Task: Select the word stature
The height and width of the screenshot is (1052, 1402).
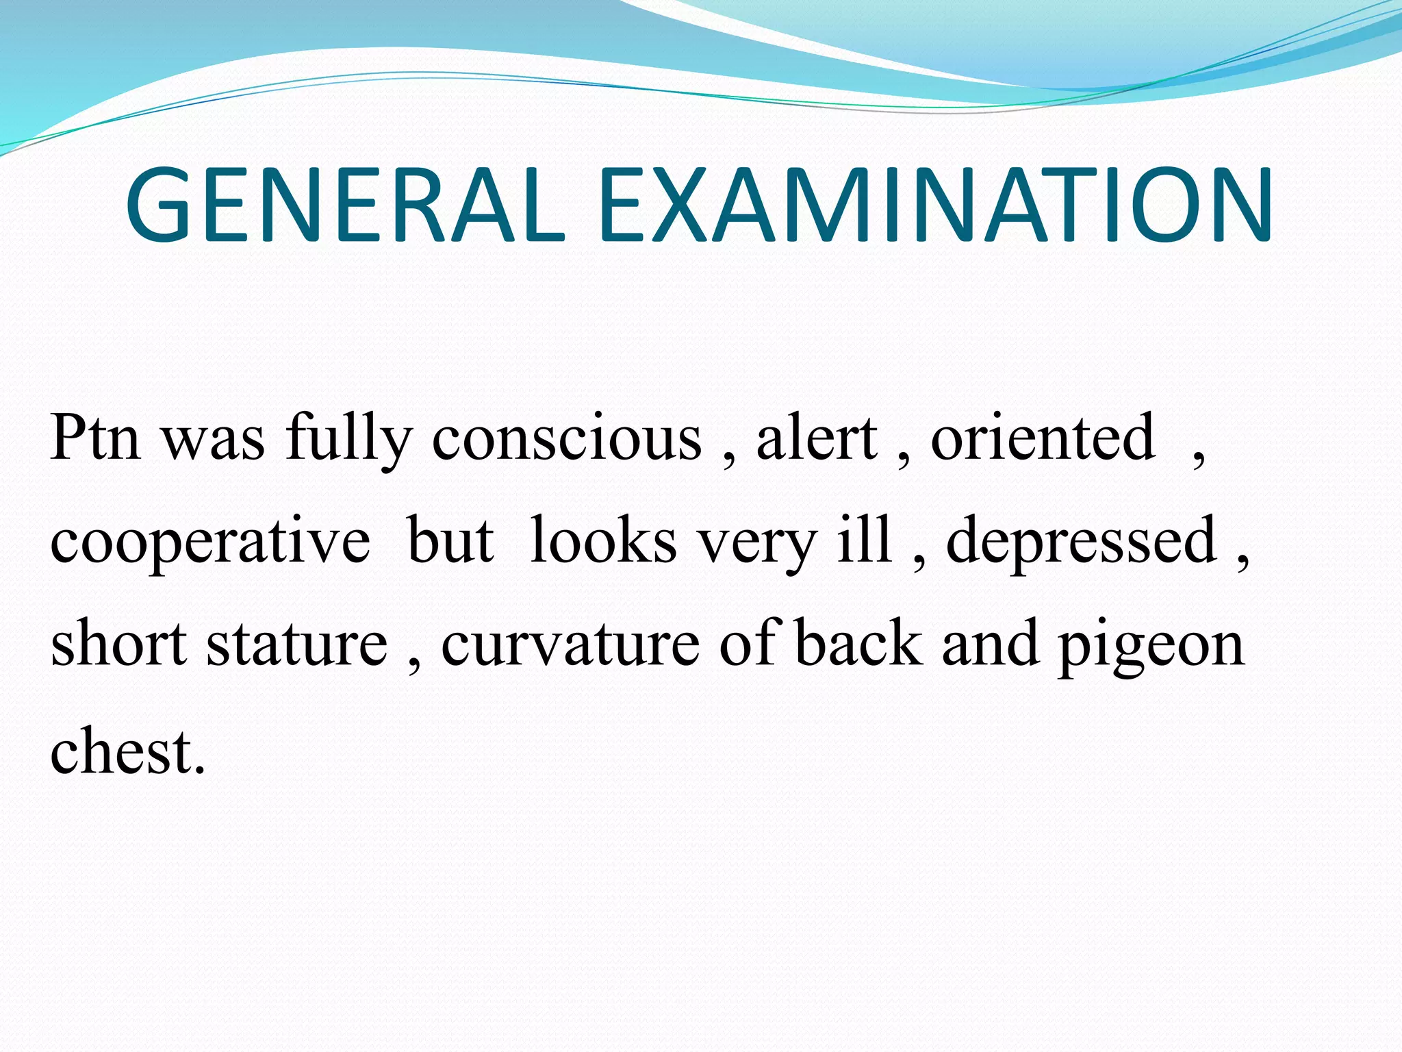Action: (297, 644)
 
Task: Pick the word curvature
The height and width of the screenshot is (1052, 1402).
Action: (570, 644)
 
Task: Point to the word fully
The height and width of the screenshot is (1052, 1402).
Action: (349, 440)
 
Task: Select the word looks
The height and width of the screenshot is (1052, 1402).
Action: (603, 541)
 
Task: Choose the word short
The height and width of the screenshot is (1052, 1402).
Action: (118, 644)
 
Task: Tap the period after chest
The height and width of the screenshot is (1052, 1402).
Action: (199, 771)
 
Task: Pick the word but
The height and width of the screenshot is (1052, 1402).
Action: (450, 541)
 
